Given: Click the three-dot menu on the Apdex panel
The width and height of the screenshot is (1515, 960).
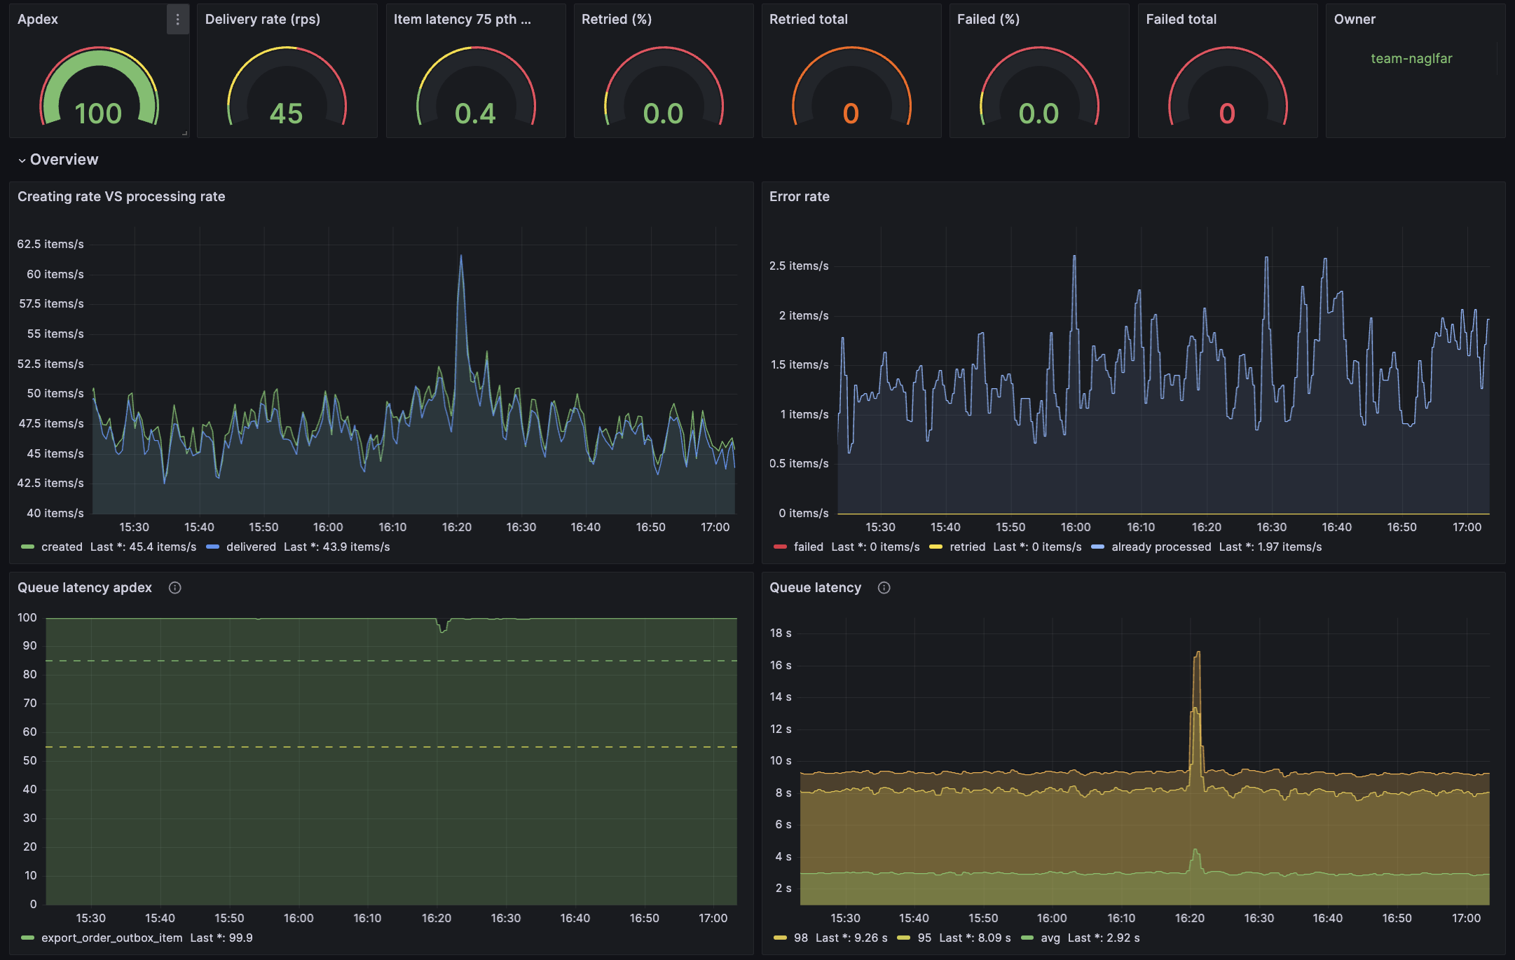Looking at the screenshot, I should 177,20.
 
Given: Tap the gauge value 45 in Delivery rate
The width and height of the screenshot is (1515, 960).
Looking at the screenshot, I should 286,114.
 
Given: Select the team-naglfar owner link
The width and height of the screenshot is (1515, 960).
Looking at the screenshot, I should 1411,59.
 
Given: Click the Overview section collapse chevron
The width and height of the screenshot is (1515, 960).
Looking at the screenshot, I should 22,160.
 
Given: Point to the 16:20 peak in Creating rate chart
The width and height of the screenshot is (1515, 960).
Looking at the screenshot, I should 460,256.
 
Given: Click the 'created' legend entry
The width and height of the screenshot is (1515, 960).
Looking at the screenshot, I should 62,547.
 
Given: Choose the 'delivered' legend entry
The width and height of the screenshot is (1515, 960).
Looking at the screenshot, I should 251,547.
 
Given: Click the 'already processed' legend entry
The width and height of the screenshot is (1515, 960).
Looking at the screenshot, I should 1160,547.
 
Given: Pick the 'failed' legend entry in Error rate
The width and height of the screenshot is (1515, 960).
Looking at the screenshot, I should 808,547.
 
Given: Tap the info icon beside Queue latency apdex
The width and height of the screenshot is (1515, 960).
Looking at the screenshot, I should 175,588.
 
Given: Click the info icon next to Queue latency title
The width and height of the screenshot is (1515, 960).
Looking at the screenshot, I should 884,588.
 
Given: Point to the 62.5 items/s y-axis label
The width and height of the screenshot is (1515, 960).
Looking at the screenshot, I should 50,244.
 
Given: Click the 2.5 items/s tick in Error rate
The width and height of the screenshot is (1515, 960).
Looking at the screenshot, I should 799,266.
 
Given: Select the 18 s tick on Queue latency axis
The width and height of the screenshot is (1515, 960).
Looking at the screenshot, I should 781,633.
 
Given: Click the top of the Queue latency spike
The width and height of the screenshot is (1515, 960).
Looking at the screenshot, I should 1198,652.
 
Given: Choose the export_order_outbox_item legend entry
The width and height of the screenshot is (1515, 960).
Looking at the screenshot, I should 111,938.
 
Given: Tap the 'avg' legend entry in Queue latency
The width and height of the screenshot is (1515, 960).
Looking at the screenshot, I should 1050,938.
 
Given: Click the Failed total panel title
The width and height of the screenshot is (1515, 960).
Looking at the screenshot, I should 1181,20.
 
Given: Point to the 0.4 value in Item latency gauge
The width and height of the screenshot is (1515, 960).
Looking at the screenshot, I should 475,114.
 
